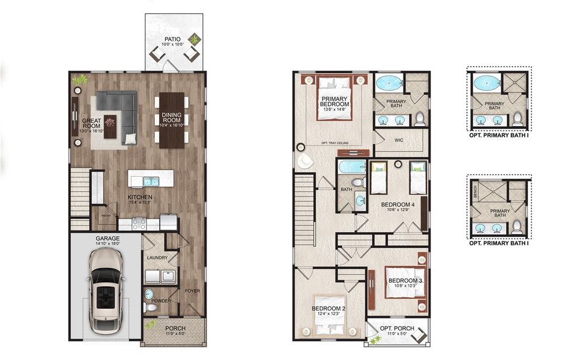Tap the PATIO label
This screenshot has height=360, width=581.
pos(173,40)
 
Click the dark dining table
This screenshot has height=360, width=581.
pos(172,120)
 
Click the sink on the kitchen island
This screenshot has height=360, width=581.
pos(151,182)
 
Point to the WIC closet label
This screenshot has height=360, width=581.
pos(395,138)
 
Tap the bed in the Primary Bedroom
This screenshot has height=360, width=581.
pos(333,100)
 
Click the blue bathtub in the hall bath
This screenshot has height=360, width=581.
pos(352,167)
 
